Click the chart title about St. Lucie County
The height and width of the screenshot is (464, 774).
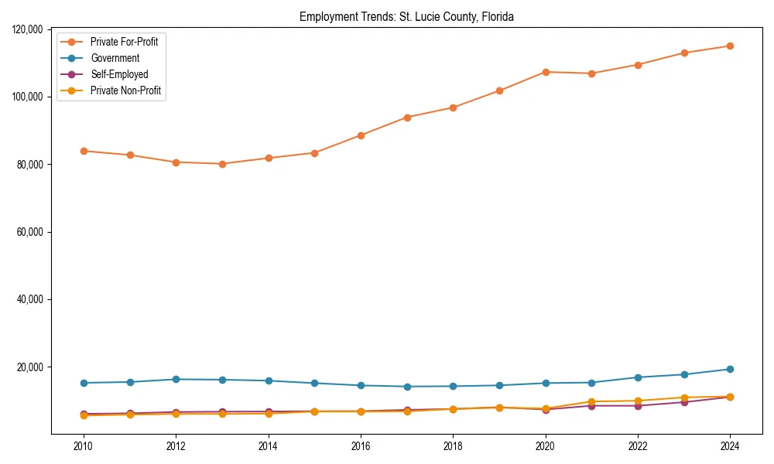point(406,16)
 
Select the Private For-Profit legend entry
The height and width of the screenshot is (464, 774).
point(124,42)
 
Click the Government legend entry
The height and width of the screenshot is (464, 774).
point(115,58)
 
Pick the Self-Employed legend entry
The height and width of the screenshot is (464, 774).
point(118,74)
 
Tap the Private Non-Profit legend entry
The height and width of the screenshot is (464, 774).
point(125,90)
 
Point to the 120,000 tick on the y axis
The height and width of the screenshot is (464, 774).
point(29,29)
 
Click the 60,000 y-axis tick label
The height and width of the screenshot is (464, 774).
point(32,232)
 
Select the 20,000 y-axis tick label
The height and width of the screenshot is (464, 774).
point(32,367)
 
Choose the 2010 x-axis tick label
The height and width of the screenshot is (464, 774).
point(84,447)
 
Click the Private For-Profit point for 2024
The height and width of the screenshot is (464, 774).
point(730,46)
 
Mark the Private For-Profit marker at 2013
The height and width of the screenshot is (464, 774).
point(222,164)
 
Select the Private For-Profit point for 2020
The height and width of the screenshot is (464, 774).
point(546,72)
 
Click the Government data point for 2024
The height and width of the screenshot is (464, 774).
point(730,369)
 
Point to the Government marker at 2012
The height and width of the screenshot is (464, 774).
point(176,379)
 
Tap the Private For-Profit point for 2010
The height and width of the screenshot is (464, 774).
point(84,151)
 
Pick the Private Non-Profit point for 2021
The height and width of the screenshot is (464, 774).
point(591,401)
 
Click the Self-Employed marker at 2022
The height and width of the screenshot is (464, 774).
point(638,405)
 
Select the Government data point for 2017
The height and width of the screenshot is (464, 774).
point(407,387)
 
